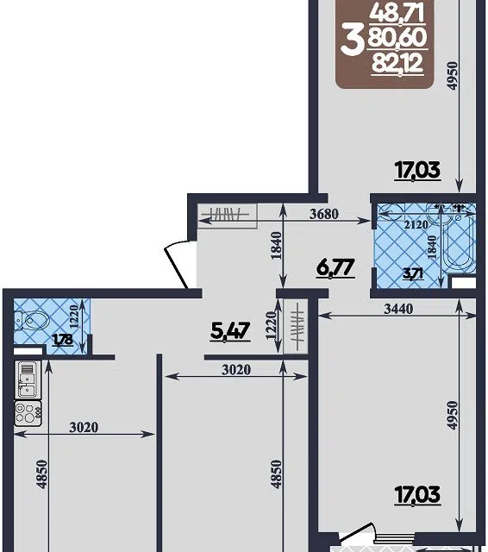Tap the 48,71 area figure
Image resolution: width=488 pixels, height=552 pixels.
[x=397, y=15]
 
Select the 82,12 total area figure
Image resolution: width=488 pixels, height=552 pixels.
[x=397, y=65]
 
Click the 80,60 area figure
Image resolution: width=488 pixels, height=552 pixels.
[x=397, y=38]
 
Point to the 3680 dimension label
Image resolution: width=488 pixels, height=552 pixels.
[x=323, y=214]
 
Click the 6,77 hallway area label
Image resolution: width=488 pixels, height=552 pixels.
[x=335, y=268]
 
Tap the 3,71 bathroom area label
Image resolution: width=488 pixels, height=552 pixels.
[x=413, y=273]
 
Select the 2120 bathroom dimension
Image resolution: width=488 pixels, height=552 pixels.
[x=416, y=224]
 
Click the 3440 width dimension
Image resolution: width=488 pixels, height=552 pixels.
[x=398, y=309]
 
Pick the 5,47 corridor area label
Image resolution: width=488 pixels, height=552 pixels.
[x=230, y=331]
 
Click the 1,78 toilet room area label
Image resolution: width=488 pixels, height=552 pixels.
[x=63, y=340]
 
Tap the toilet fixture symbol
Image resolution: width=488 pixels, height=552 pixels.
[x=32, y=320]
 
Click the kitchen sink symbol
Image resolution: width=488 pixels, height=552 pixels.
[x=28, y=379]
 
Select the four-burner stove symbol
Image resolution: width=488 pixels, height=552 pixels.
[x=28, y=413]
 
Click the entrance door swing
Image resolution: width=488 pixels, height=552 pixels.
[x=178, y=264]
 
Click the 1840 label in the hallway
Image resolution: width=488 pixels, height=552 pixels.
[x=277, y=246]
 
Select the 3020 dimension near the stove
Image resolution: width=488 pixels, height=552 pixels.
[x=84, y=428]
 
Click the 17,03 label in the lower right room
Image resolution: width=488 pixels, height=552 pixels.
[x=417, y=495]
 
